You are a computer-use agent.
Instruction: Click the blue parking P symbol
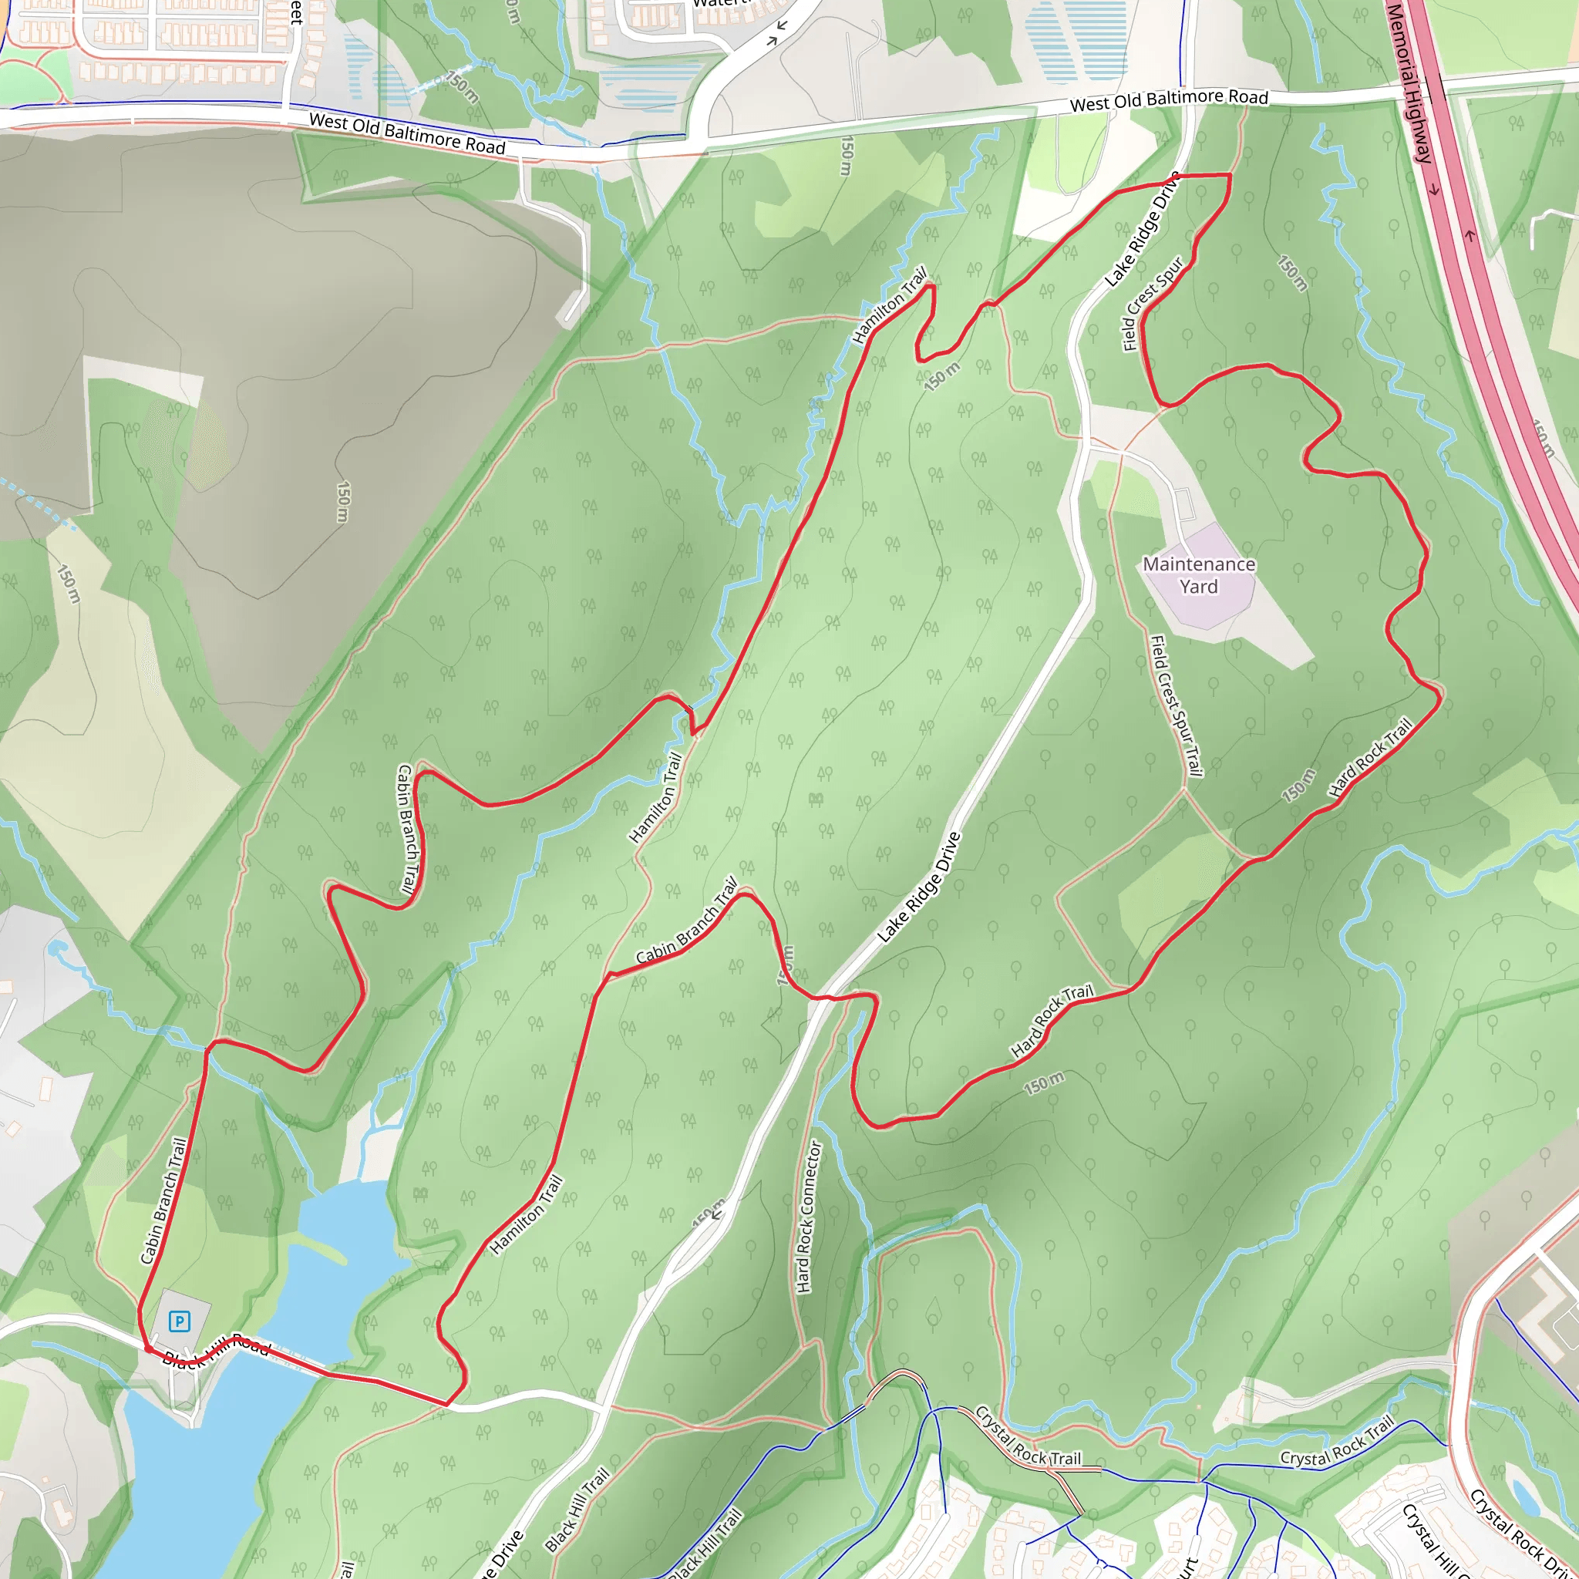tap(179, 1321)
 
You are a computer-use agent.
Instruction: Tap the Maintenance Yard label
tap(1198, 575)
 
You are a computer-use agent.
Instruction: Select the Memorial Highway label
tap(1410, 82)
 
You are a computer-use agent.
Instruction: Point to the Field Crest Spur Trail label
tap(1176, 706)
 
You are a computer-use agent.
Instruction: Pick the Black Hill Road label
tap(216, 1350)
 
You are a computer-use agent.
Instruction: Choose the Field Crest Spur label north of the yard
tap(1153, 304)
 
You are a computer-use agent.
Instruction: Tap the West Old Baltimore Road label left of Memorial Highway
tap(1169, 99)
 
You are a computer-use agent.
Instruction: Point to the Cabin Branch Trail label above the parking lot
tap(164, 1200)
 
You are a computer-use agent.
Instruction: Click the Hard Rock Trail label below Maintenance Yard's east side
tap(1370, 757)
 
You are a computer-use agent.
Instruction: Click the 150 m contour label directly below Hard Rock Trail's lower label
tap(1045, 1084)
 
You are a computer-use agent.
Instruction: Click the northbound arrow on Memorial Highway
tap(1470, 237)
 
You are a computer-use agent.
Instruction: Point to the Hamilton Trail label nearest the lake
tap(527, 1214)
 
